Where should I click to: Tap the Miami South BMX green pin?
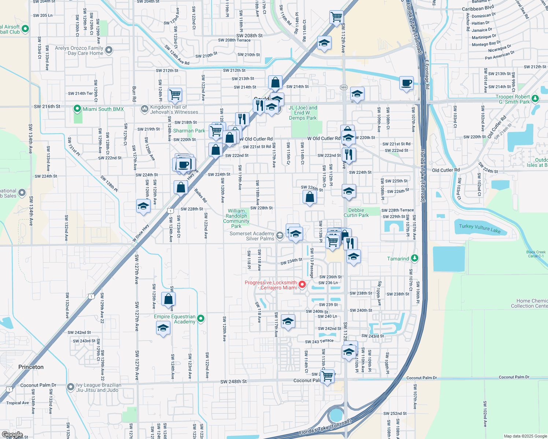tap(77, 109)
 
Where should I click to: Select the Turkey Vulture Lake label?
tap(479, 229)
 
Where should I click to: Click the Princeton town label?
tap(31, 367)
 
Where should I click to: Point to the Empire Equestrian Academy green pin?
tap(201, 318)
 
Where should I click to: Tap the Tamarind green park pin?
tap(414, 258)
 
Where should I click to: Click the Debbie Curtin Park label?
tap(356, 213)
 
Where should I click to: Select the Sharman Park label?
tap(189, 131)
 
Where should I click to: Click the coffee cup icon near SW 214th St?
tap(406, 83)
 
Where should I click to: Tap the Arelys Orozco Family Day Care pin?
tap(108, 50)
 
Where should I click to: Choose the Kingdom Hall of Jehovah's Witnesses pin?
tap(144, 109)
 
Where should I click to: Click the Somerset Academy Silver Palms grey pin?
tap(280, 235)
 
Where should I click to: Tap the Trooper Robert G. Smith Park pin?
tap(535, 98)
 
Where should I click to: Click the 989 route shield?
tap(344, 87)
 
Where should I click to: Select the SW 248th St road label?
tap(233, 382)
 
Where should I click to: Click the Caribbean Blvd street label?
tap(478, 8)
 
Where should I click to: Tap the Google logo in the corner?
tap(12, 435)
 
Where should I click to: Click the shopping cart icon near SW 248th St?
tap(327, 376)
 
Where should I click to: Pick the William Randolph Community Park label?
tap(236, 218)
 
